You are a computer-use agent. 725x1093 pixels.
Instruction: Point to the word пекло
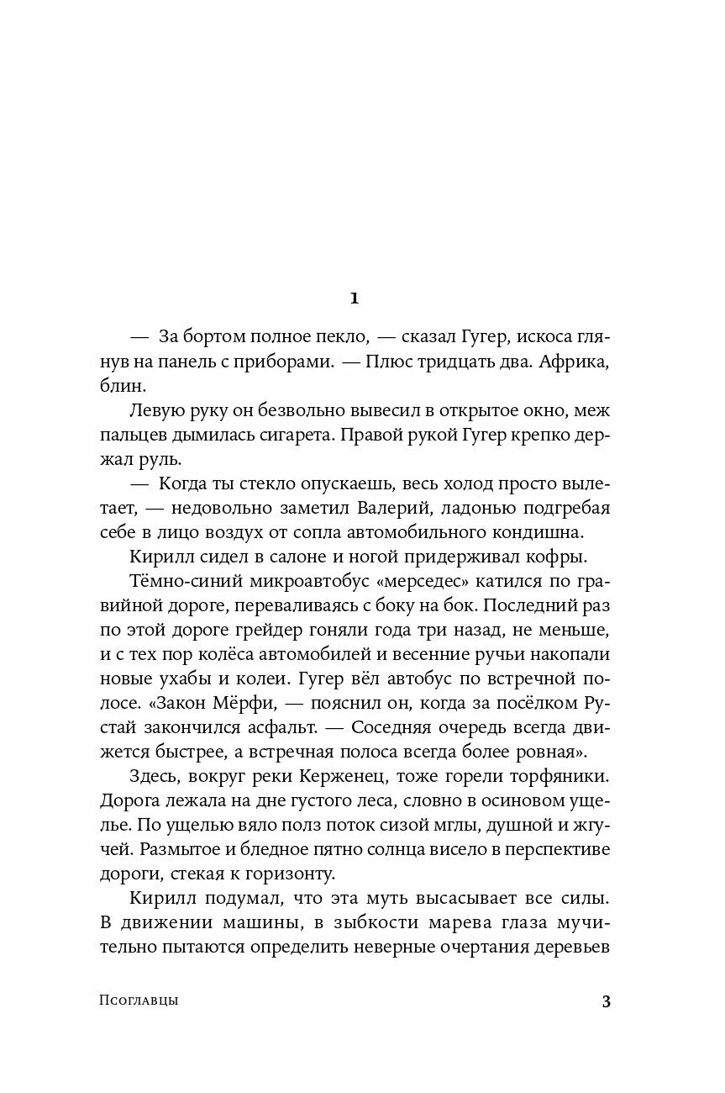(339, 337)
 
